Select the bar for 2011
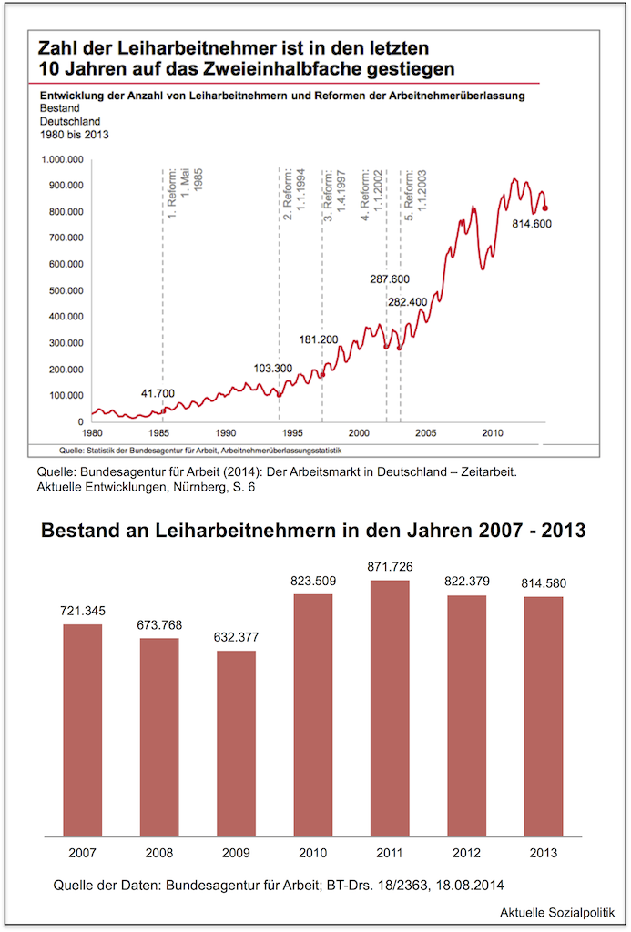pos(390,708)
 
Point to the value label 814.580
pos(543,585)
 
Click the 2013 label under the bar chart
pos(543,853)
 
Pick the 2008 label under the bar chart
pos(159,853)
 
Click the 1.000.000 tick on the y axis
pos(62,159)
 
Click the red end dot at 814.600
pos(544,208)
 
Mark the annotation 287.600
pos(390,279)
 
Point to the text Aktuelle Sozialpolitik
pos(556,911)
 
